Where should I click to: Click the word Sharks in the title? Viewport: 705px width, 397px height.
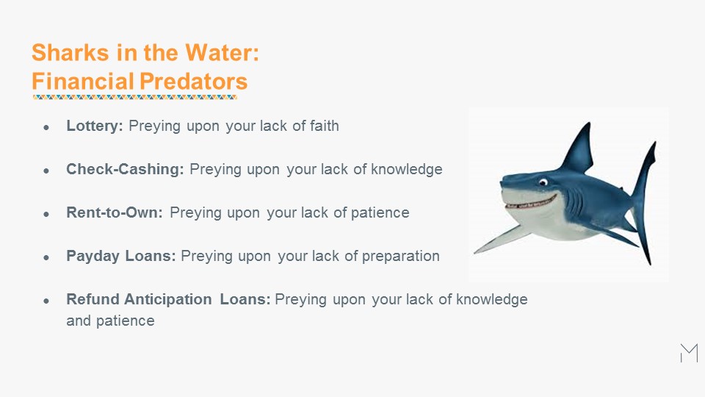click(70, 52)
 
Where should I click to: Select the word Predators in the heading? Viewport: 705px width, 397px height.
click(193, 82)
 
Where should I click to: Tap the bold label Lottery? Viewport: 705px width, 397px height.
click(95, 126)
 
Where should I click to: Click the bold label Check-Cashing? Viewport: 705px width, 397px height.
click(125, 169)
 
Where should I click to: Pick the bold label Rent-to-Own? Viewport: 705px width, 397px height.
click(115, 212)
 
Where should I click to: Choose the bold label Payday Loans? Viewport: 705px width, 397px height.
click(121, 256)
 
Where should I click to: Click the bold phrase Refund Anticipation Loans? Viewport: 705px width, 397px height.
click(168, 299)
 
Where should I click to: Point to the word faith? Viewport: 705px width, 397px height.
click(324, 126)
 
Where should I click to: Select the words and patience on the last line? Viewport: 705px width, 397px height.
click(110, 321)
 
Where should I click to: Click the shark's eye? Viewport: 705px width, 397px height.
click(543, 182)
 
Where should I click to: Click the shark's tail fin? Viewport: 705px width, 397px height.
click(644, 203)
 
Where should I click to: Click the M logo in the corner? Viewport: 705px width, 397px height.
click(690, 353)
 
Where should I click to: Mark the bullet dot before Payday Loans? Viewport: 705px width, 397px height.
click(46, 257)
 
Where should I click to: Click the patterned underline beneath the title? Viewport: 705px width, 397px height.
click(134, 97)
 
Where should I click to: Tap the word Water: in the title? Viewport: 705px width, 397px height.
click(222, 52)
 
